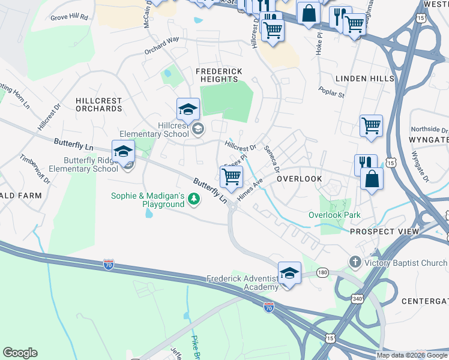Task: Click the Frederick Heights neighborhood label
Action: coord(219,76)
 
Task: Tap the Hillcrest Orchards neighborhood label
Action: coord(98,105)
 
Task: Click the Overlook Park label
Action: coord(334,215)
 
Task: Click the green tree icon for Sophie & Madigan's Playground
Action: coord(193,199)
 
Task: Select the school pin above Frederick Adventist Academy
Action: coord(289,273)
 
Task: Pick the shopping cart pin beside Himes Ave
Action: coord(231,177)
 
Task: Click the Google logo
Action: coord(20,353)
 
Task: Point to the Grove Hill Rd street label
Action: coord(70,17)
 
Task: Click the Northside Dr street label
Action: coord(429,130)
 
